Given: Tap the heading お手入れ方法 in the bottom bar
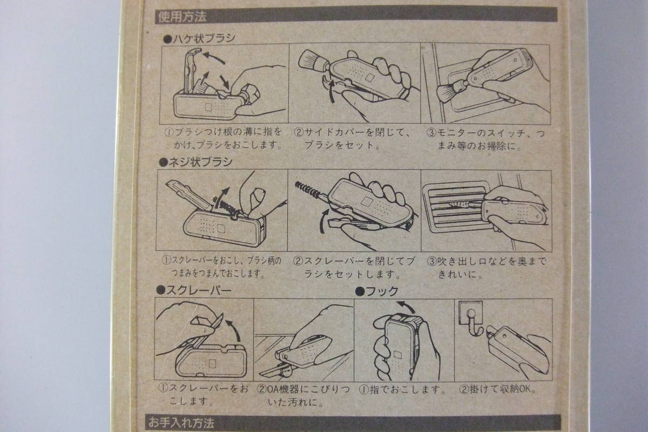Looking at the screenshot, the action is pos(181,423).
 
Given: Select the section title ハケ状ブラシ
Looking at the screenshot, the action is pos(199,38).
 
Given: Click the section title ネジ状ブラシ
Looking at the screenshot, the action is pos(196,162).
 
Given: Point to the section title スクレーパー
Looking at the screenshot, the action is pos(194,290).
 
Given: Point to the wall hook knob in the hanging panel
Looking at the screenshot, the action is pos(470,313).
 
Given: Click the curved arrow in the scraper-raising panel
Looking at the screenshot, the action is pos(234,330).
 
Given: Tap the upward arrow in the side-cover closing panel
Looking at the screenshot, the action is pos(333,91).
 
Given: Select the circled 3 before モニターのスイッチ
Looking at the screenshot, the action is pos(431,133).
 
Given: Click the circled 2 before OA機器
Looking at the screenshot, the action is pos(261,389).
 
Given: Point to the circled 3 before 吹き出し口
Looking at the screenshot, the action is pos(431,261).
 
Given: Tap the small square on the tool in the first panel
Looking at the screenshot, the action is pos(208,107).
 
